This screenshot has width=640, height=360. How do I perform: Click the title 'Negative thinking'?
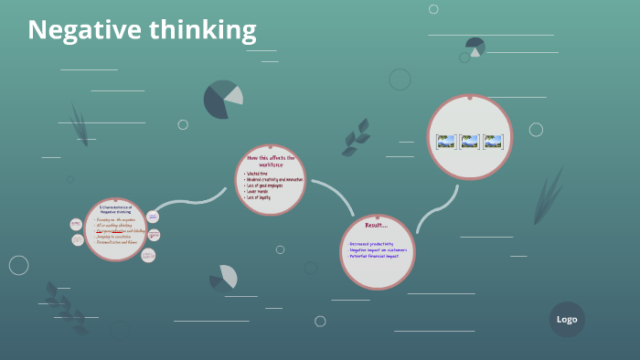point(142,30)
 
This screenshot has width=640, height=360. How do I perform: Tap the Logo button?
point(567,319)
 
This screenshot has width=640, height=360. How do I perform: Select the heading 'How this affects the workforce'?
point(271,161)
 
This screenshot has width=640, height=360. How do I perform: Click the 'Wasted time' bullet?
point(259,173)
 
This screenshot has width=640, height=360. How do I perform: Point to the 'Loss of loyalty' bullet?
point(260,196)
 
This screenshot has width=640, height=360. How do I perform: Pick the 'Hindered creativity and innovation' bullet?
point(274,179)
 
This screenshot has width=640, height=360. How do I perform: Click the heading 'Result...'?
point(377,226)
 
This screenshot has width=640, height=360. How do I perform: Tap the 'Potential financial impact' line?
point(373,256)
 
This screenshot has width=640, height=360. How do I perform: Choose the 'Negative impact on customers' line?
point(378,249)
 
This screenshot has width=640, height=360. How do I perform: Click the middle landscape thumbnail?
point(470,142)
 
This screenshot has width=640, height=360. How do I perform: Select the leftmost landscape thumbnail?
point(446,142)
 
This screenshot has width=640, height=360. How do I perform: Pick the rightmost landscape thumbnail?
point(494,142)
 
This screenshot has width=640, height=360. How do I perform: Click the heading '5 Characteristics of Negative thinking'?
point(115,209)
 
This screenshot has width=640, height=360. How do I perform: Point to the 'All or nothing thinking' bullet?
point(115,224)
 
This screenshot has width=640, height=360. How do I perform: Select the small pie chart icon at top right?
point(475,46)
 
